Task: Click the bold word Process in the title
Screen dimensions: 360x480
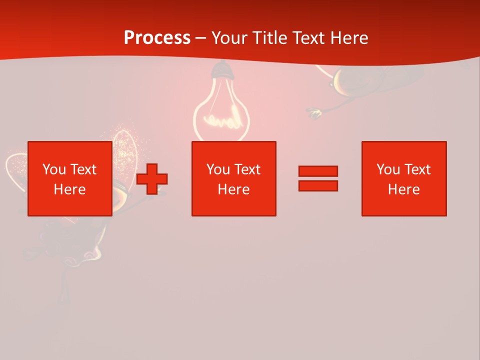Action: tap(157, 37)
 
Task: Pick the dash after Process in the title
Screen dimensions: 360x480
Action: tap(200, 38)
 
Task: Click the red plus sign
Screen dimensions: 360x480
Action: tap(152, 179)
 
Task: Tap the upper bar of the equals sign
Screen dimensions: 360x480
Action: tap(318, 171)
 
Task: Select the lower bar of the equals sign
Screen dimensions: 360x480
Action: tap(318, 185)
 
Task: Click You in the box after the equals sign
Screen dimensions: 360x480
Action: tap(388, 169)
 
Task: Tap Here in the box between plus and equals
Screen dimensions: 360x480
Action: tap(233, 189)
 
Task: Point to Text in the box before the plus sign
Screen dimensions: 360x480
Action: tap(83, 169)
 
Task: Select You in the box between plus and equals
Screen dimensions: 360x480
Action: tap(218, 169)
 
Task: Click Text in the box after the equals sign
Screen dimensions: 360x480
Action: tap(417, 169)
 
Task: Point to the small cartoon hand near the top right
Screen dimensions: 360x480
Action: tap(314, 113)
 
